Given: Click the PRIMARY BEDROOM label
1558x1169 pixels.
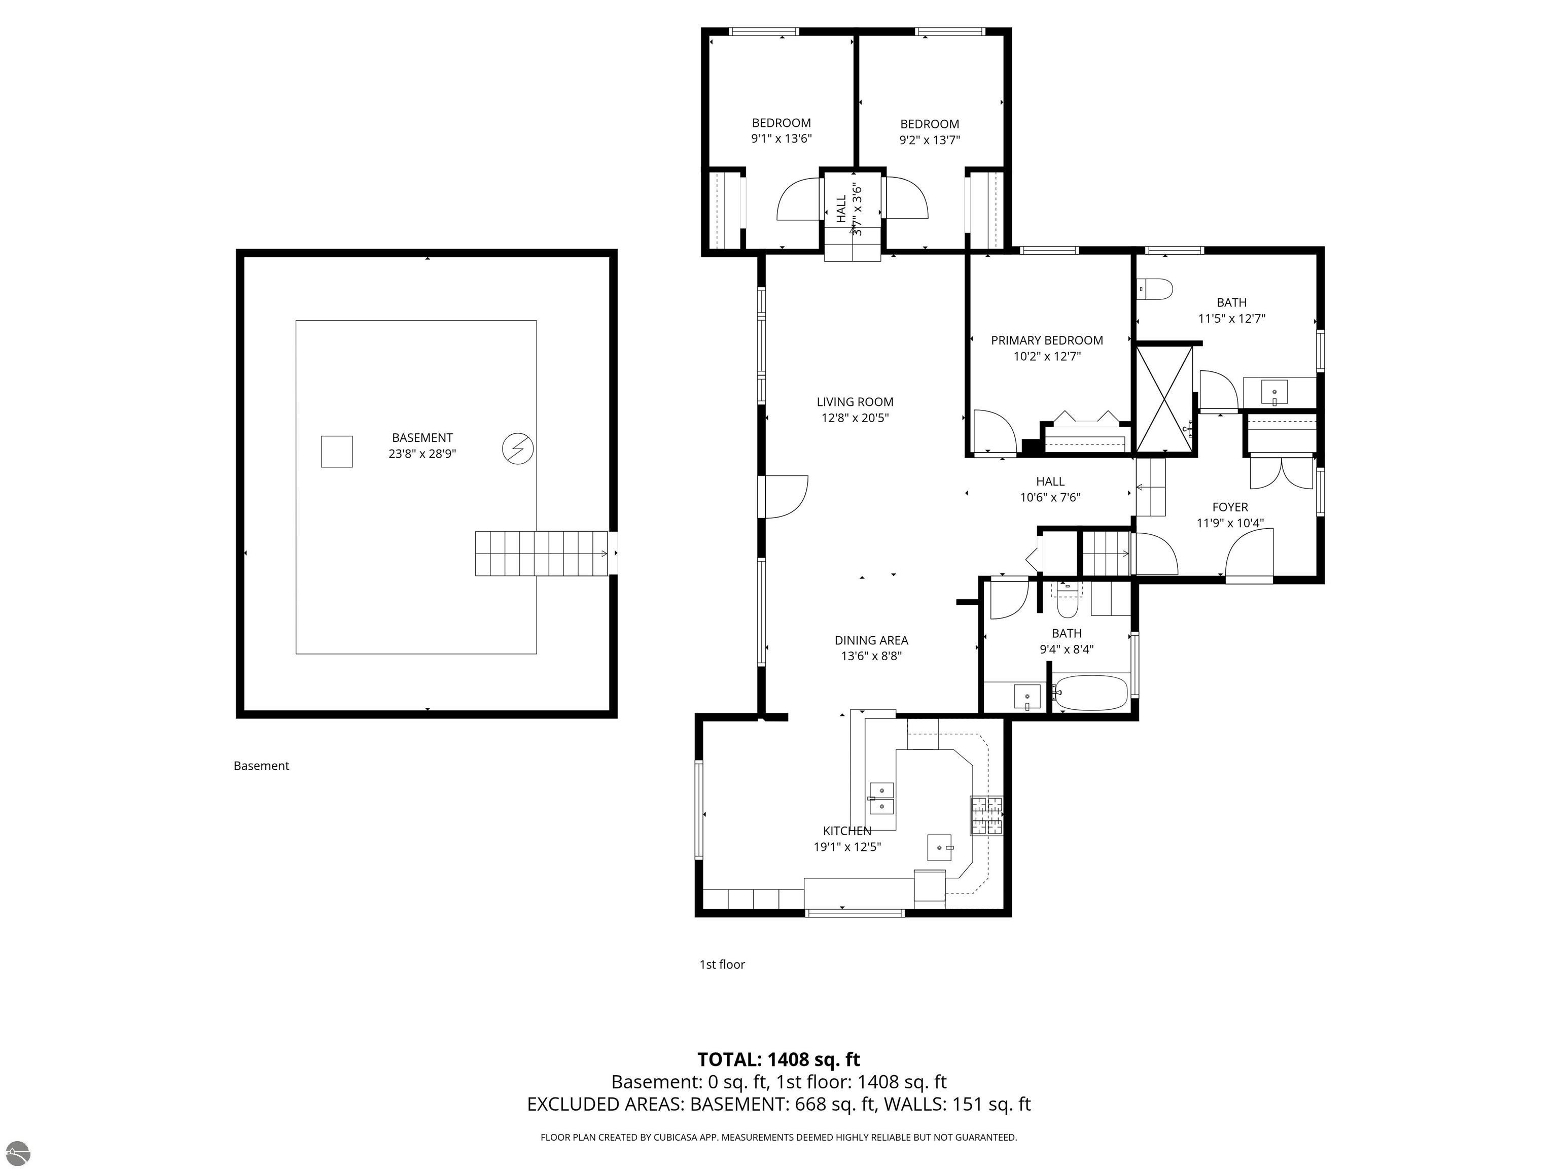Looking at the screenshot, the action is coord(1047,340).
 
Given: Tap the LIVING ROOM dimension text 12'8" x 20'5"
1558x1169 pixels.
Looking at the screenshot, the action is coord(855,418).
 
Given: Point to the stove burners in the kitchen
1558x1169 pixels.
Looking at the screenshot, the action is coord(987,815).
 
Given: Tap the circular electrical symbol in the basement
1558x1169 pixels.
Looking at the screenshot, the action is coord(518,448).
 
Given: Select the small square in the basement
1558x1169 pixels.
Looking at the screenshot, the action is coord(337,451).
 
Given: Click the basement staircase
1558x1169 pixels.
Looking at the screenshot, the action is coord(542,553).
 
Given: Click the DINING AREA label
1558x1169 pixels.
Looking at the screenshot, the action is coord(871,640).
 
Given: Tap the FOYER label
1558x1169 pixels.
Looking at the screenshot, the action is coord(1230,507).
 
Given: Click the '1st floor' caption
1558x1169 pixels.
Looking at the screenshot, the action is coord(722,965).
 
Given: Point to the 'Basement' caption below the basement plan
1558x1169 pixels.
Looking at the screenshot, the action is coord(261,766).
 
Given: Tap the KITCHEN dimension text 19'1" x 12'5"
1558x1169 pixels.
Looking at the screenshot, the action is coord(847,847).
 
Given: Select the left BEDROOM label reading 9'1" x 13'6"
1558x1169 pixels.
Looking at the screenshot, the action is coord(782,131).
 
